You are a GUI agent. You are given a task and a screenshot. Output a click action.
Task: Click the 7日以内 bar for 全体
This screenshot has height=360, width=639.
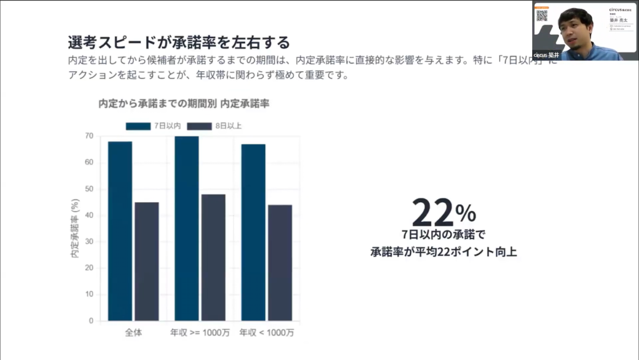(120, 231)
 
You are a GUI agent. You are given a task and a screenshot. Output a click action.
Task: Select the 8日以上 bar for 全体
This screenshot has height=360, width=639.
(147, 261)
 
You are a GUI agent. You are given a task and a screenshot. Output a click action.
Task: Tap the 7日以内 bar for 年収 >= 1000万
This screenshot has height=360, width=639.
(187, 228)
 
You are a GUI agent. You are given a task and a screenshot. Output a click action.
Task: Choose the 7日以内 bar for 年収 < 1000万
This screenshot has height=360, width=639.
(253, 232)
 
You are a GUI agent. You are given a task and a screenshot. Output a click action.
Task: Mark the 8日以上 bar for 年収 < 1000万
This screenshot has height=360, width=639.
(280, 263)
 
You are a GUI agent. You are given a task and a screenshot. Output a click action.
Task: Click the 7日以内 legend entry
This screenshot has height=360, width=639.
(153, 126)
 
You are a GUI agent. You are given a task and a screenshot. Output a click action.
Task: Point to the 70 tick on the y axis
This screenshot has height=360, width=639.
(89, 136)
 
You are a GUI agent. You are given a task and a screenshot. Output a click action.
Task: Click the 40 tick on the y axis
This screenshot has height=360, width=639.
(89, 215)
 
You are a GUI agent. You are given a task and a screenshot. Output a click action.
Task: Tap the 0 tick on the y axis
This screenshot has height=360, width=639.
(91, 321)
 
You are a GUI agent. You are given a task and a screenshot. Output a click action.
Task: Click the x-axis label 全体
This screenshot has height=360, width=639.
(133, 333)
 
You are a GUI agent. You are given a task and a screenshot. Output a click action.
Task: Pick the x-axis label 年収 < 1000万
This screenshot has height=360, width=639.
(266, 333)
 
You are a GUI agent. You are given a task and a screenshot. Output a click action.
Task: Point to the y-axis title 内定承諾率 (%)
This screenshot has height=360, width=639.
(75, 229)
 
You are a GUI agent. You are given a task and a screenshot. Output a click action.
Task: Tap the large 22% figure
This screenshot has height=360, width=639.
(444, 213)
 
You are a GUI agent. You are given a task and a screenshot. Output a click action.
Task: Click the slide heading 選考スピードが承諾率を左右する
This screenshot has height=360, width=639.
(178, 42)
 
